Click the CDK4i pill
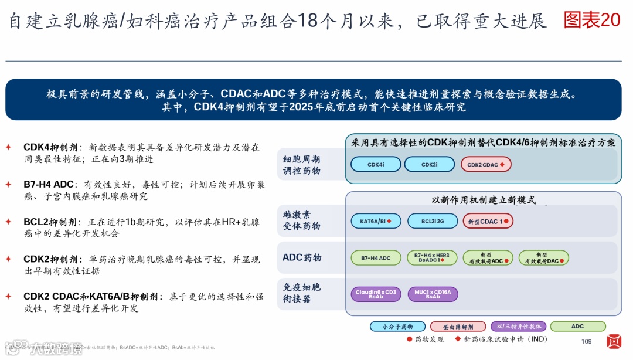click(x=376, y=164)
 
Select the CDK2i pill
click(x=429, y=164)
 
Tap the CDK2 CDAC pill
click(x=486, y=164)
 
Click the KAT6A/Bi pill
click(x=376, y=221)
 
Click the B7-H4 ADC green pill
click(x=376, y=257)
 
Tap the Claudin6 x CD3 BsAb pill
click(x=376, y=294)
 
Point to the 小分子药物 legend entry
click(x=397, y=327)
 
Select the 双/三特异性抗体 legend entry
click(x=518, y=327)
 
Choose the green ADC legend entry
click(x=577, y=327)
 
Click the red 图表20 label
click(x=591, y=20)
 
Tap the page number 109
click(x=586, y=342)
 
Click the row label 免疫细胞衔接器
click(x=302, y=293)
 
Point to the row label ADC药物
click(x=302, y=257)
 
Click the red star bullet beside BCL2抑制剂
click(x=8, y=222)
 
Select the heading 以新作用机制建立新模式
click(x=483, y=200)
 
